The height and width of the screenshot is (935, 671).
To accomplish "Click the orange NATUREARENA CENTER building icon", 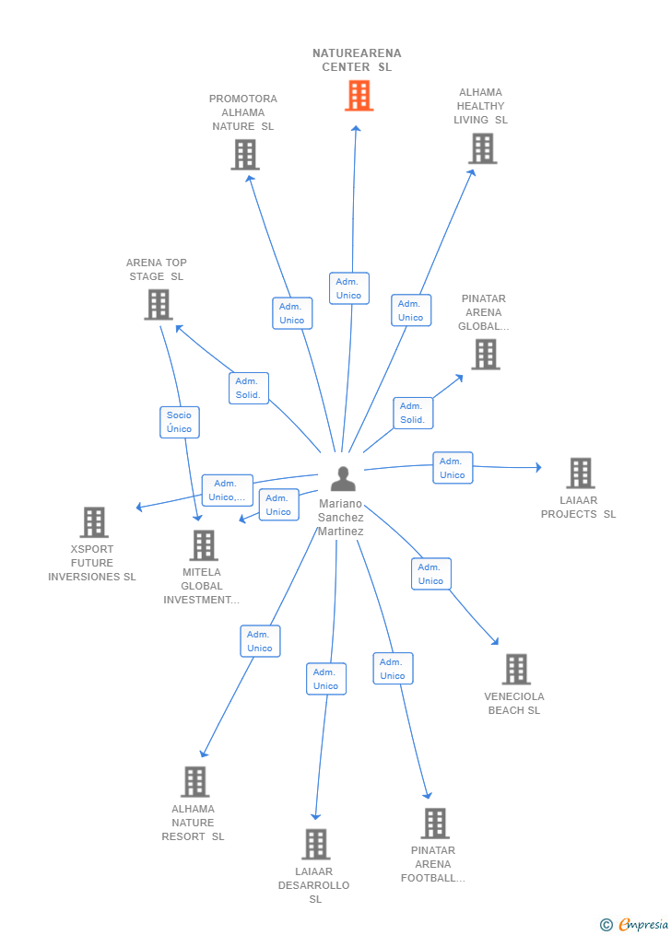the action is point(359,96).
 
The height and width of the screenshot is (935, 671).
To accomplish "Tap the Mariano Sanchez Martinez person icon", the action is point(343,479).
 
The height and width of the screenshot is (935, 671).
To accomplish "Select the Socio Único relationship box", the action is point(180,422).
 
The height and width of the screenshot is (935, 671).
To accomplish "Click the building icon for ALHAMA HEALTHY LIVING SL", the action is point(483,148).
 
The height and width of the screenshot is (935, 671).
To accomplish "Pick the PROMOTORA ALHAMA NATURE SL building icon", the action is point(245,155).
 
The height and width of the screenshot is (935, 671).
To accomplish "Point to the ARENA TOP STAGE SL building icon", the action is point(159,305).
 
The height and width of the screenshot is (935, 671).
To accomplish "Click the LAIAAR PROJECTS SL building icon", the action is point(581,473).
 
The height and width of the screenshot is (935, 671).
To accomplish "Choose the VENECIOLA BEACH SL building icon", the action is point(516,669).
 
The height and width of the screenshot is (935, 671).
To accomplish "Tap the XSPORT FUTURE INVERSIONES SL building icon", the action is point(94,522).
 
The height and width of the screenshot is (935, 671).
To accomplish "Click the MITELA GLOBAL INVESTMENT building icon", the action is point(204,545).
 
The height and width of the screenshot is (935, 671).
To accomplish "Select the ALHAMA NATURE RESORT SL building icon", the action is point(195,782).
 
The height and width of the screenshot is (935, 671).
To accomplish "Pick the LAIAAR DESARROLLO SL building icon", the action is point(316,845).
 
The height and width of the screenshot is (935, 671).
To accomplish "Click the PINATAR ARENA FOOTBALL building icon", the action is point(435,824).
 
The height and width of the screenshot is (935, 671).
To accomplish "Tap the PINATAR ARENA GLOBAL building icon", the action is point(486,355).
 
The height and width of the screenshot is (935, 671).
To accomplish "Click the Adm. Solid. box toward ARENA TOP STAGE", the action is point(249,388).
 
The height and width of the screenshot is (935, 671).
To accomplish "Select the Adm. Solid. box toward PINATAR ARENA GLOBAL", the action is point(413,414).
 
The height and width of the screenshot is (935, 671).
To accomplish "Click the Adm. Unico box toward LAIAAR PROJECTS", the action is point(453,468).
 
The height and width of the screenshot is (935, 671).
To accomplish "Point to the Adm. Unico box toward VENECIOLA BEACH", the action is point(431,574).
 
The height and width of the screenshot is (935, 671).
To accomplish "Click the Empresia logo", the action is point(634,925).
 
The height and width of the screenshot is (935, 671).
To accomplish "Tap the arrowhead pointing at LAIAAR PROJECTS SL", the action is point(538,468).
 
